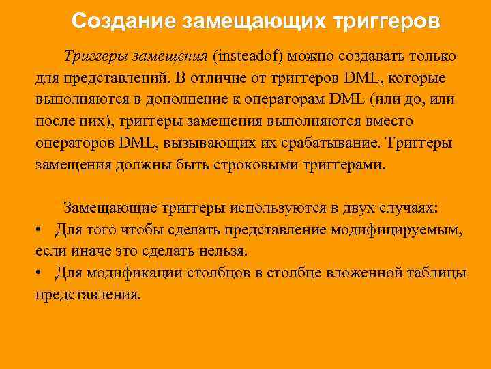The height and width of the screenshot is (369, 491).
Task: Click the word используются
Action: click(264, 207)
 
